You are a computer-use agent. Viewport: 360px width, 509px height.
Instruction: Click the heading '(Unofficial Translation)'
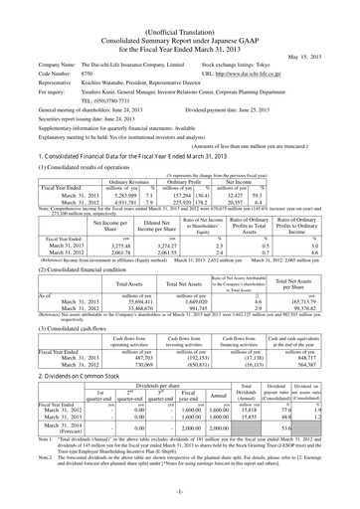pyautogui.click(x=180, y=8)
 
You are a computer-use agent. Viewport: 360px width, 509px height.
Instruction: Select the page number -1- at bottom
pyautogui.click(x=180, y=499)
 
